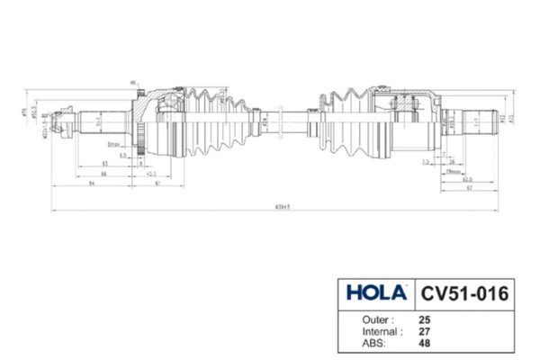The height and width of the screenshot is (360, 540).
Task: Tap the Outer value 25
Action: pos(425,319)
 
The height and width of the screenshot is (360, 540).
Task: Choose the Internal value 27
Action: pos(425,330)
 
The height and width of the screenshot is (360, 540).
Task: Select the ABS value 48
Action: pos(425,342)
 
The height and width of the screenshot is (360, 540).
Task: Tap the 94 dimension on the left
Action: pos(93,183)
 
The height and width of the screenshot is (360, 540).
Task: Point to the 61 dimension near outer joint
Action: pos(158,183)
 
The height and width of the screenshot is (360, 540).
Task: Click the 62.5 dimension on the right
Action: pos(468,179)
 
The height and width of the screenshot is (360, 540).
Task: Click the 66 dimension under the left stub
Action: pos(105,173)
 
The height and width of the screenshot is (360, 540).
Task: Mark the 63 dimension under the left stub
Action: pos(105,163)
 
